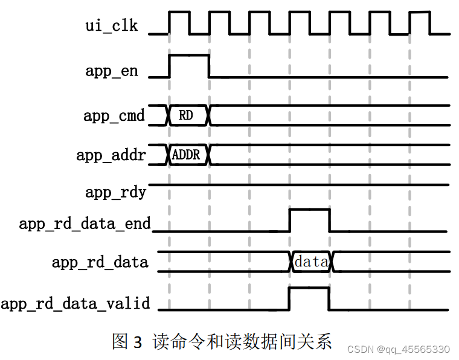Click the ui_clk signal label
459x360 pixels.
112,26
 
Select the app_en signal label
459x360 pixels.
112,71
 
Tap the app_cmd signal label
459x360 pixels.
114,115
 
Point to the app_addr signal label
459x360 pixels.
111,155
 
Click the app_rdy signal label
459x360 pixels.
116,193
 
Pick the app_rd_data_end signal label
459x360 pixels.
85,224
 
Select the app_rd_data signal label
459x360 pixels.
100,262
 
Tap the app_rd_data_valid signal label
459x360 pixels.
75,303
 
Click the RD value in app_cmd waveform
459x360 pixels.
186,115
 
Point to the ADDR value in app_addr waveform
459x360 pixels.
186,155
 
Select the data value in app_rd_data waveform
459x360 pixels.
312,262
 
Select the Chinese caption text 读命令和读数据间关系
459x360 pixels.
242,341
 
